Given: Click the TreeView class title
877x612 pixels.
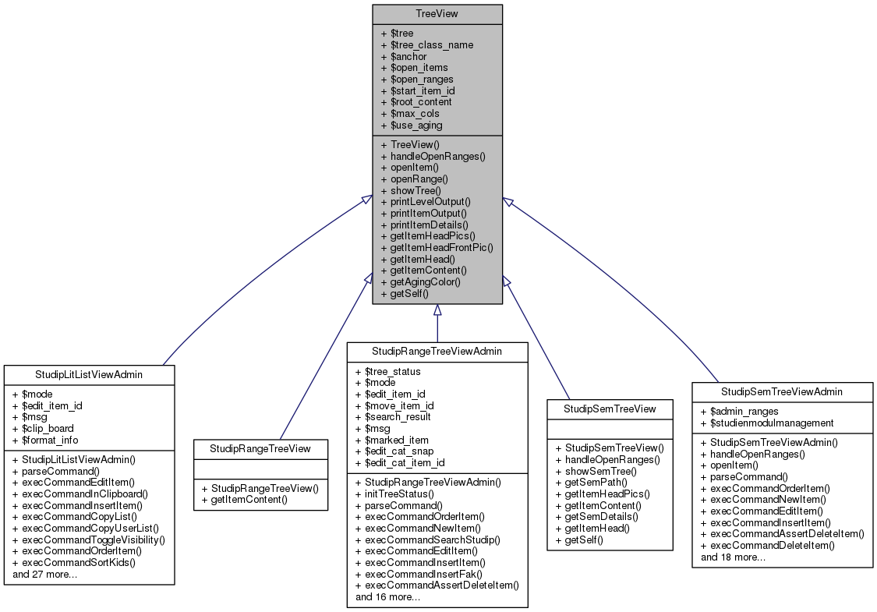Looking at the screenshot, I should pos(437,13).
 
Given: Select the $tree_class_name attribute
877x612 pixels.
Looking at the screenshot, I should pos(426,44).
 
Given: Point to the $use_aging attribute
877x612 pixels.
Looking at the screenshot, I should pos(411,125).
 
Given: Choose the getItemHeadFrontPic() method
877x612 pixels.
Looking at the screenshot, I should pos(437,247).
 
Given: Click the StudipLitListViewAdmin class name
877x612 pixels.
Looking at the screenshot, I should pos(89,375).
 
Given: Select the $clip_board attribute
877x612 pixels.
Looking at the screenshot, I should pos(44,428).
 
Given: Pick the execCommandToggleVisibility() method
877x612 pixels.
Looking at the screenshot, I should pos(89,539).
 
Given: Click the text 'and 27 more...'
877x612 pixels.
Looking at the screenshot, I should pos(45,574).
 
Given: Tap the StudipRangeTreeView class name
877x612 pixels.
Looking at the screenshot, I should pos(260,448).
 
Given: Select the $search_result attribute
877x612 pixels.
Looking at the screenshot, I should pos(393,416).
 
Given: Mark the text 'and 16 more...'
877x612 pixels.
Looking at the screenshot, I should pos(388,596).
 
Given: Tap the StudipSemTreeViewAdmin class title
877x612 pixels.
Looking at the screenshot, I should pos(782,391).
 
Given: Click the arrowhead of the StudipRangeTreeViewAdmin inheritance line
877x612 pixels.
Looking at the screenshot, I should pos(437,310).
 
